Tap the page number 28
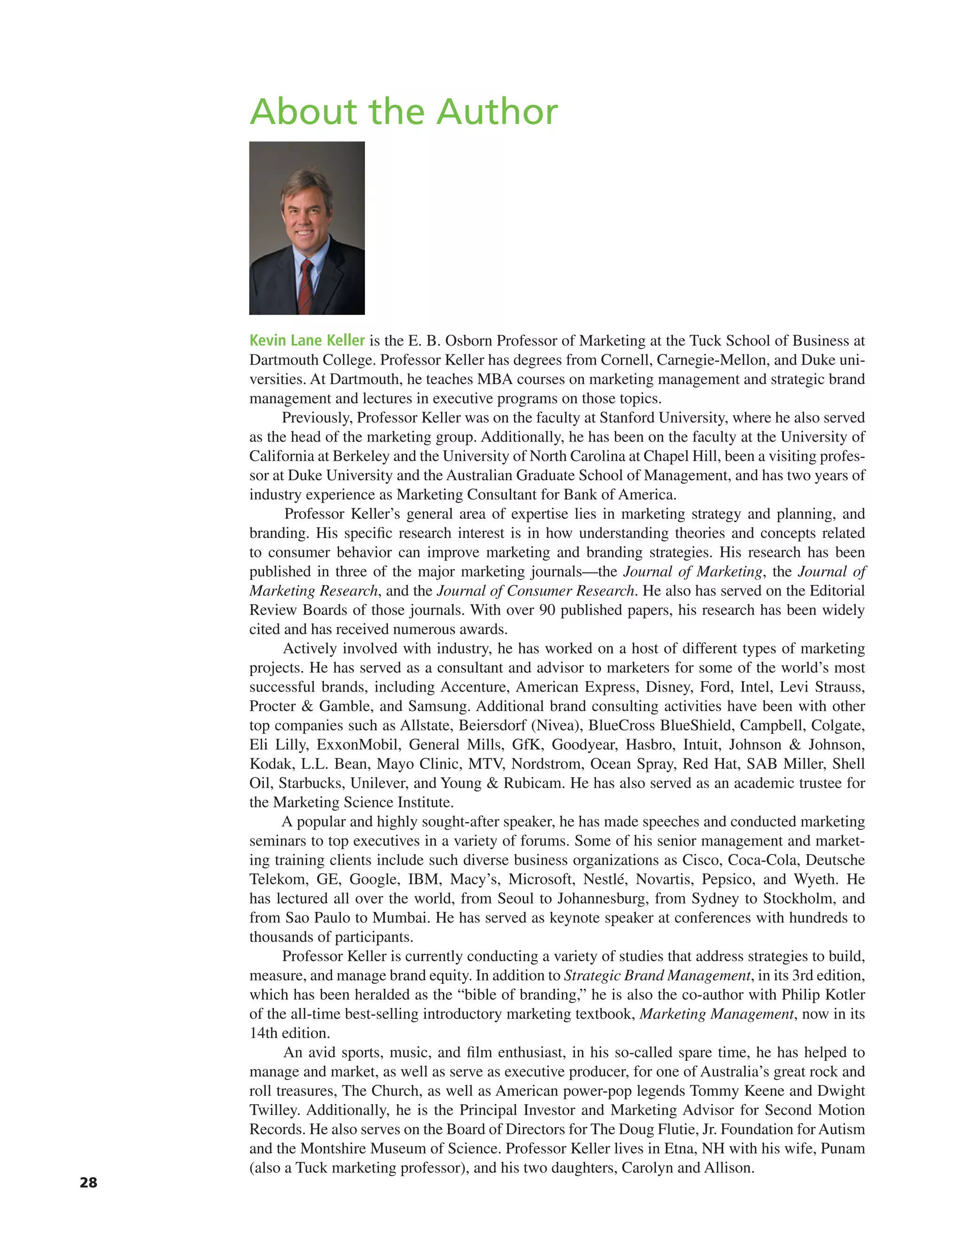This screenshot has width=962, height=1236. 88,1182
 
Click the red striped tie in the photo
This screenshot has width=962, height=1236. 306,286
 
